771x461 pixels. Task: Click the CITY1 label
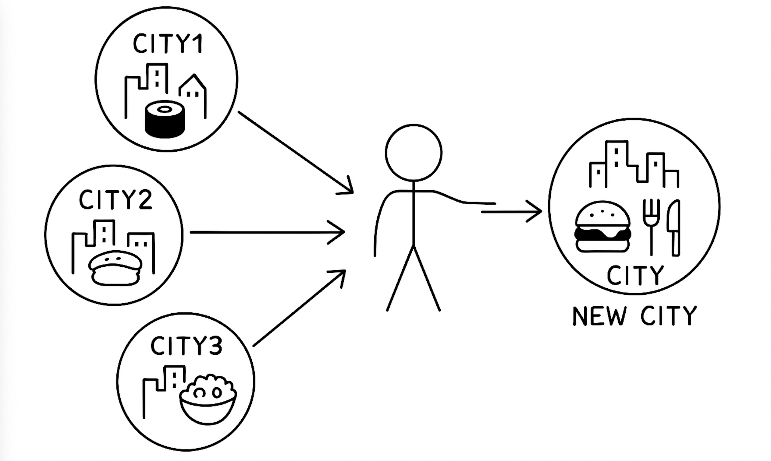point(168,44)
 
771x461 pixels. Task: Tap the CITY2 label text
point(116,200)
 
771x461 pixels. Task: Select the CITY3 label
point(186,346)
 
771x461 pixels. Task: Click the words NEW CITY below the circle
point(634,316)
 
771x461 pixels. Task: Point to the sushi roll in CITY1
point(165,119)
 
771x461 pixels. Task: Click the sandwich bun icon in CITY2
point(115,268)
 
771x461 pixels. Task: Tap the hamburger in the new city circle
point(602,227)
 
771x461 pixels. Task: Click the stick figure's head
point(414,153)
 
